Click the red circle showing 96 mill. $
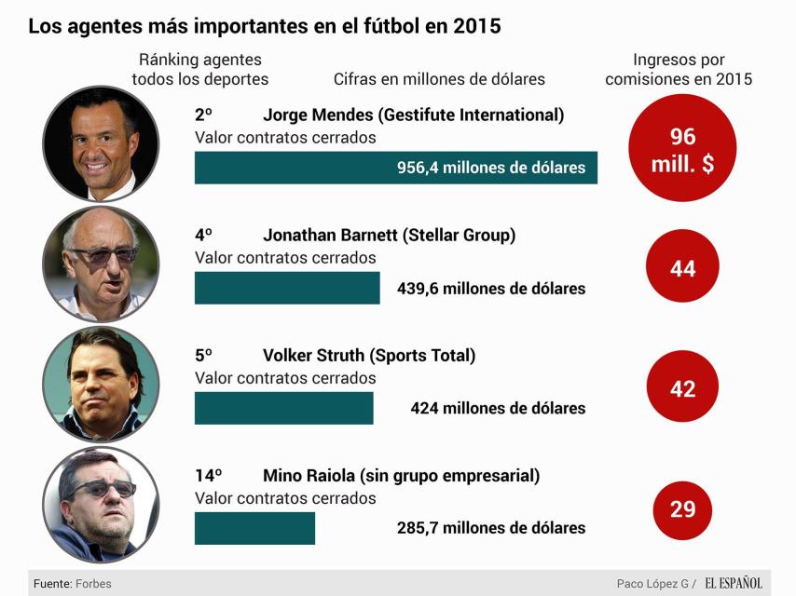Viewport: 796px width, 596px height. point(682,148)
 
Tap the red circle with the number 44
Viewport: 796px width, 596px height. point(682,268)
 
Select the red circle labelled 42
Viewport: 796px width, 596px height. point(682,388)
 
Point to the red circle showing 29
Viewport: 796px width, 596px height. point(682,508)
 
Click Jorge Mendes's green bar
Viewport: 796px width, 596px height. point(395,168)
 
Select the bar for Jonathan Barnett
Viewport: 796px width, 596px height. point(287,288)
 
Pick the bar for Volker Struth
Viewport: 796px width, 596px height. point(283,408)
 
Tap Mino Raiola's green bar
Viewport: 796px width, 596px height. point(254,528)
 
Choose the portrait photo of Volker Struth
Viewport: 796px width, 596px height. point(101,384)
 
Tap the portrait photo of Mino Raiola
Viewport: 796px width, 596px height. point(101,504)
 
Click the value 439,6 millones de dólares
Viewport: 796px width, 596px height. point(491,289)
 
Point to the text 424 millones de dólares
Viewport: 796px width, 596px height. point(498,409)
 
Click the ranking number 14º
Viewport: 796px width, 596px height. point(209,476)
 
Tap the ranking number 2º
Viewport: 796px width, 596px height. point(203,115)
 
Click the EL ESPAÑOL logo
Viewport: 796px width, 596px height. point(733,583)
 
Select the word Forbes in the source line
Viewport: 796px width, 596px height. point(94,584)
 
